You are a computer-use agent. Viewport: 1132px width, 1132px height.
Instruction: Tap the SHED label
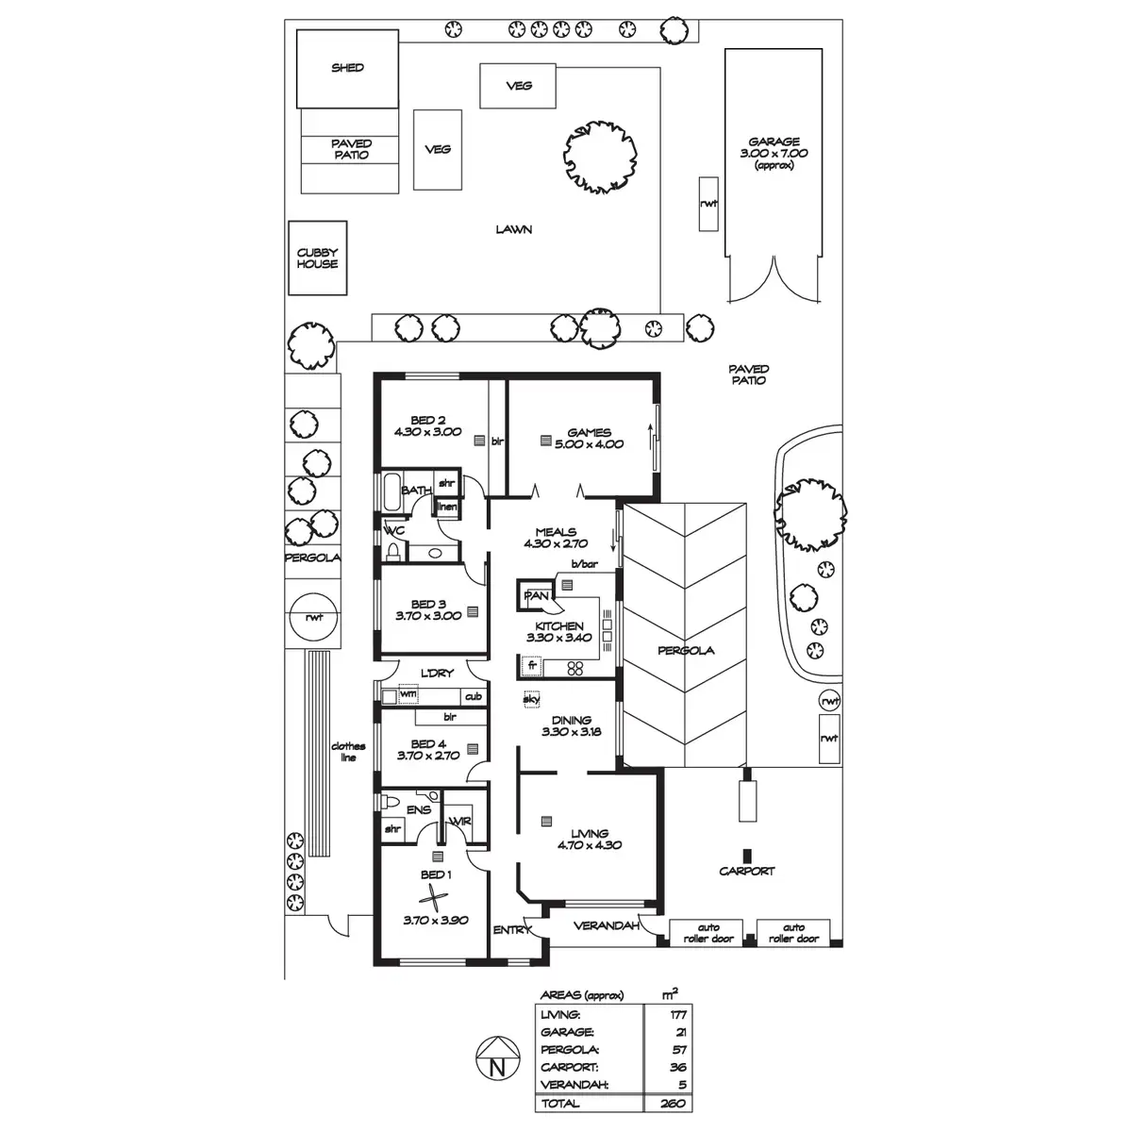pos(347,68)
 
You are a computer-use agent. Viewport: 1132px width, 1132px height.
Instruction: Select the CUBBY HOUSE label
pos(317,258)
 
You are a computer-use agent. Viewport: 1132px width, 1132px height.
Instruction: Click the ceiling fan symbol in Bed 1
pos(434,898)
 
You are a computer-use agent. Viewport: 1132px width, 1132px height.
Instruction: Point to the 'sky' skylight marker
pos(531,699)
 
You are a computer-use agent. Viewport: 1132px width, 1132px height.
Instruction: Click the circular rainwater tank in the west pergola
pos(314,617)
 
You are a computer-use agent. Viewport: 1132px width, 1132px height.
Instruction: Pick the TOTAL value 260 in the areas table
pos(673,1103)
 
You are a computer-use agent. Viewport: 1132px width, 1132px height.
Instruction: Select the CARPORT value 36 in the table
pos(678,1067)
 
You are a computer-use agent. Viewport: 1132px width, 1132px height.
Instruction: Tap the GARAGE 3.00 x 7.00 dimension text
pos(774,154)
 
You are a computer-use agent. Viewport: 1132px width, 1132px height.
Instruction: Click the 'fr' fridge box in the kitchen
pos(532,666)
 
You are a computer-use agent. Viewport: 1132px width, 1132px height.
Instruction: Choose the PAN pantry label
pos(536,595)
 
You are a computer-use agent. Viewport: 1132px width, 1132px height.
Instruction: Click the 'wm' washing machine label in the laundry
pos(408,693)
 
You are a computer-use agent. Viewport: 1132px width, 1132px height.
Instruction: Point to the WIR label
pos(459,821)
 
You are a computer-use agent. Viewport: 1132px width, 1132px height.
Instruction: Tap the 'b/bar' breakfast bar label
pos(585,564)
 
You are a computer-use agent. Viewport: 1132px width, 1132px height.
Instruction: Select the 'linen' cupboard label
pos(448,507)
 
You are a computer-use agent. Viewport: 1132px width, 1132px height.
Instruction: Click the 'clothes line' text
pos(348,751)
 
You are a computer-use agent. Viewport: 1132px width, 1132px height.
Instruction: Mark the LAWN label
pos(514,229)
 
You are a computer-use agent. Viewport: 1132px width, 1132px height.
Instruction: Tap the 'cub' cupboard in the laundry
pos(474,696)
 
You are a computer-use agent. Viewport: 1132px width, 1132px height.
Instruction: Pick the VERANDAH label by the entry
pos(607,925)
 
